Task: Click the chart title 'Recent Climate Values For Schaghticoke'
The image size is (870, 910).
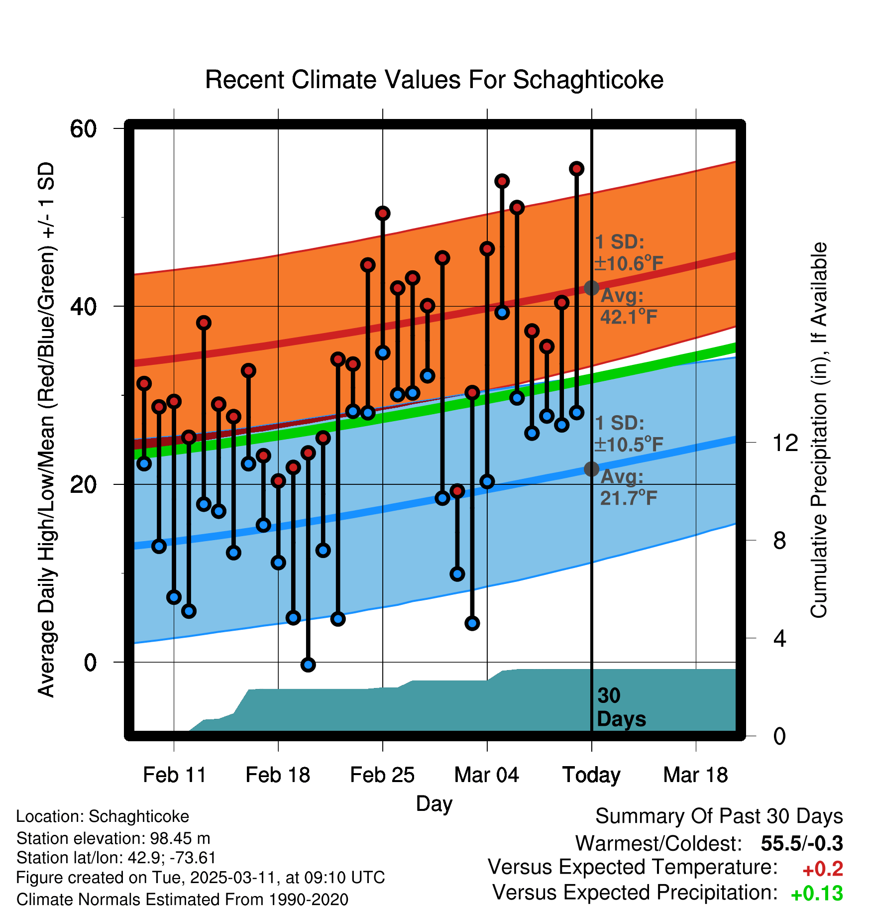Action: pos(434,80)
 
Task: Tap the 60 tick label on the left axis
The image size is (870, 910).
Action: pos(83,129)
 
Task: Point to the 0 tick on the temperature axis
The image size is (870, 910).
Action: pos(90,663)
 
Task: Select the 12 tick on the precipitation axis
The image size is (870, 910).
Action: pos(785,443)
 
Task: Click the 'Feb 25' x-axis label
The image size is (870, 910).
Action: pos(382,775)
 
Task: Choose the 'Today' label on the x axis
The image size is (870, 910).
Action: pos(591,775)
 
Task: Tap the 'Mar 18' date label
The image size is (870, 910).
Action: pos(695,775)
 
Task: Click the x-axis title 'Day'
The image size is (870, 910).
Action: pos(434,803)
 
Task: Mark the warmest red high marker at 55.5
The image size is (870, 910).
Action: pos(576,169)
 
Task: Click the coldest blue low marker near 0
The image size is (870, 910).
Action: pos(308,665)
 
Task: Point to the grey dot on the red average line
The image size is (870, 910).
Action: pos(591,288)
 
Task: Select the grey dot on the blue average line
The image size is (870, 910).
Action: pos(591,469)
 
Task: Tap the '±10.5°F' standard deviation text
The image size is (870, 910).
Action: pos(629,445)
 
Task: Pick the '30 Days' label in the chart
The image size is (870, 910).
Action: pos(621,707)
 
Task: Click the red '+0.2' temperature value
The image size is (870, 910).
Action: pos(823,869)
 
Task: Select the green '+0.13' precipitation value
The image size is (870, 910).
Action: pos(816,894)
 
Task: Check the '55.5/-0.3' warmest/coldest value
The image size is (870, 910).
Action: pos(801,843)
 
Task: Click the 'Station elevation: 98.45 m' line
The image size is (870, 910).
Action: pos(113,838)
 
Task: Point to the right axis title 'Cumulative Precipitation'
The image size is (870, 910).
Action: pos(819,430)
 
